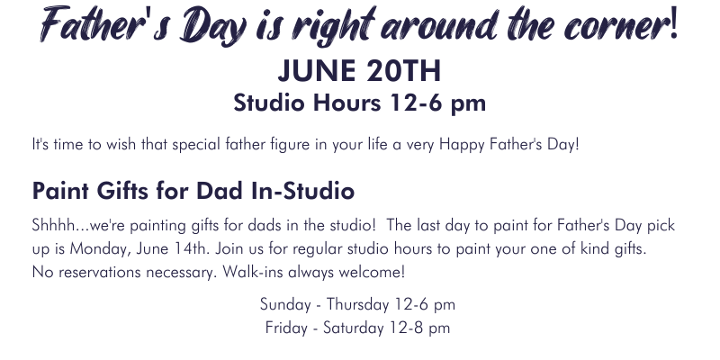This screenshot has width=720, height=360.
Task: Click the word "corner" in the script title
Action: click(x=616, y=26)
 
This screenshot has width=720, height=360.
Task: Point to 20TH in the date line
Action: click(x=404, y=71)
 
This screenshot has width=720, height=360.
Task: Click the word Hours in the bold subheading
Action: click(x=346, y=103)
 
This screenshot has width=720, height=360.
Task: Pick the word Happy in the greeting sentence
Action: click(x=462, y=145)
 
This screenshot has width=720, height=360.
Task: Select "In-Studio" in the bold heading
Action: click(x=302, y=190)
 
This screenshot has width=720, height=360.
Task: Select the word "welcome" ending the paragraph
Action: click(x=370, y=273)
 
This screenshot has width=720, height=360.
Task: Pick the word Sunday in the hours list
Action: click(x=285, y=305)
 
